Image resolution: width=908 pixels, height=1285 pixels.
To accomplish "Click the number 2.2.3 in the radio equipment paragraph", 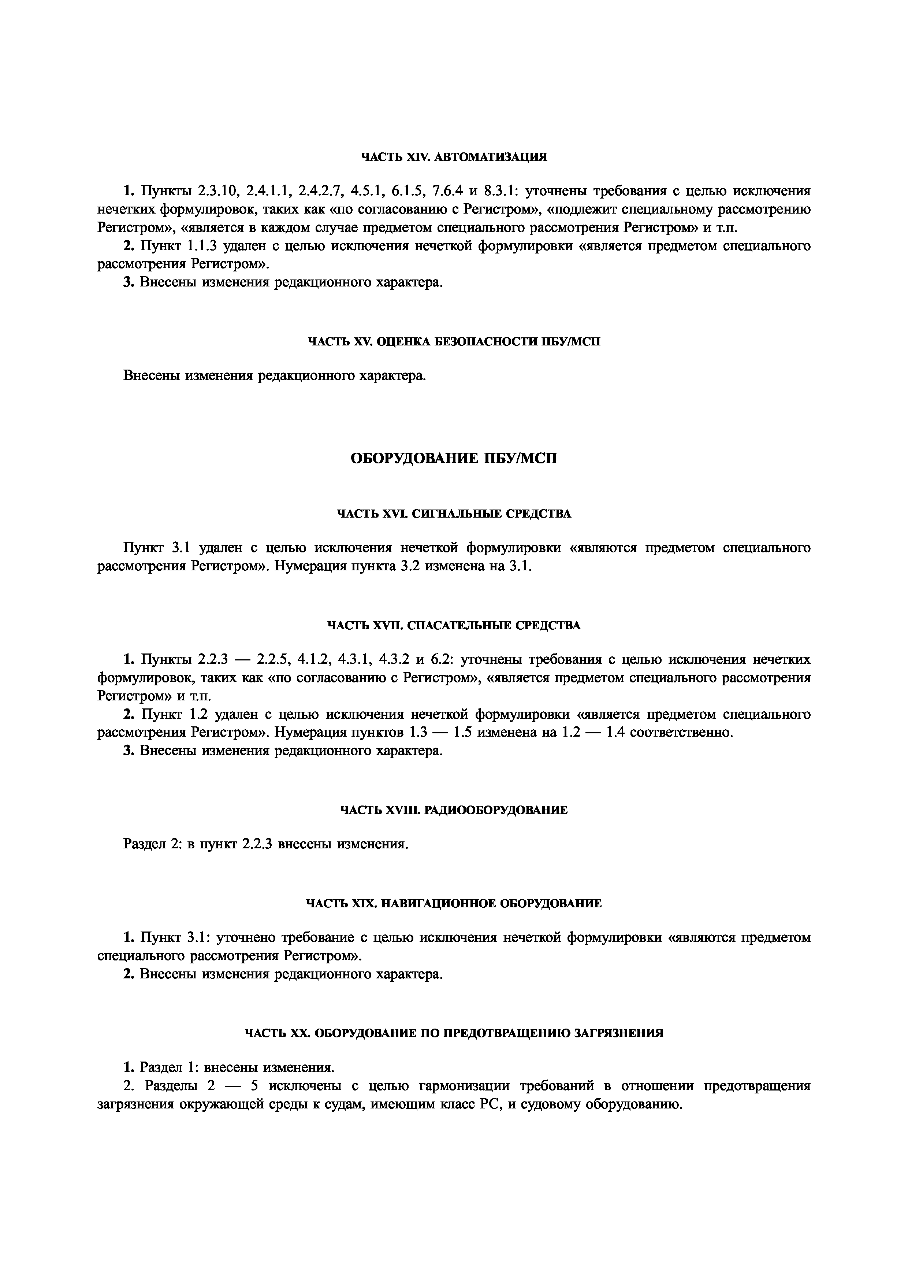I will click(257, 844).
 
